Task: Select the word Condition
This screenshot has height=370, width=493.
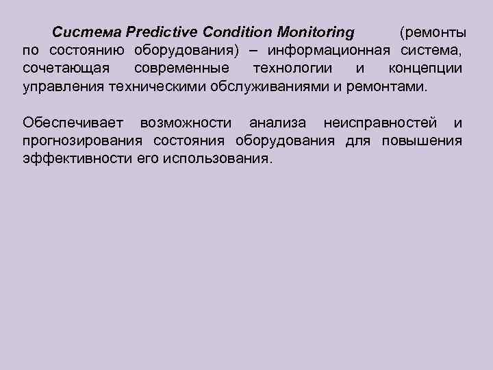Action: click(243, 32)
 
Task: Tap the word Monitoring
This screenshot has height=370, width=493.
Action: click(318, 32)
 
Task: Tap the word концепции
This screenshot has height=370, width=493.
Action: click(425, 69)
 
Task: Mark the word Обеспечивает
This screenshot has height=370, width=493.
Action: click(73, 123)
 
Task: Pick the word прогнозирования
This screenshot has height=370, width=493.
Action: click(82, 141)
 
